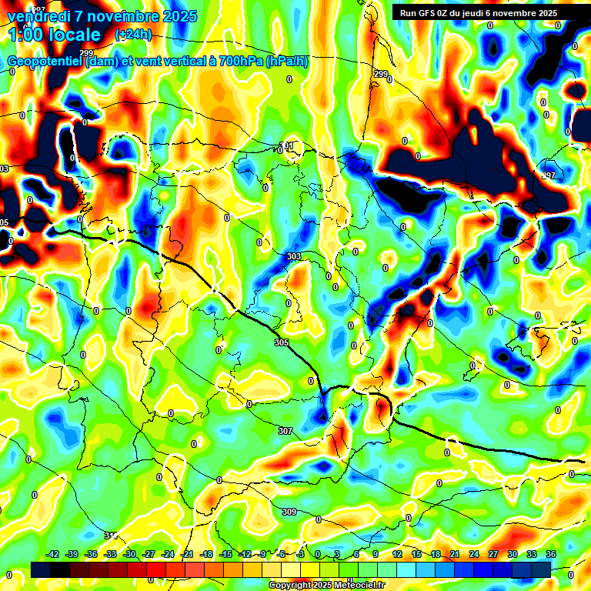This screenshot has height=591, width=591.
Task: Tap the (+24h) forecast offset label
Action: click(133, 35)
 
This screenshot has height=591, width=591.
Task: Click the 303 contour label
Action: click(293, 256)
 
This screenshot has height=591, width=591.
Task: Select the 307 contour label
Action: click(285, 431)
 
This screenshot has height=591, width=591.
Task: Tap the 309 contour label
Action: click(289, 512)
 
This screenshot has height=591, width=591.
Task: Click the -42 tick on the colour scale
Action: click(53, 553)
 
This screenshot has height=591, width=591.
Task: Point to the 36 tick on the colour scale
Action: click(551, 553)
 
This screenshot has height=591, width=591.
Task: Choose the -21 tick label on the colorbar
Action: click(187, 553)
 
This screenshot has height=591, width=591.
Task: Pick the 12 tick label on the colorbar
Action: click(397, 553)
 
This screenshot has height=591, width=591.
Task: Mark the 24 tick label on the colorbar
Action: click(474, 553)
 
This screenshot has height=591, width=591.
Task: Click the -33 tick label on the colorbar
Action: click(110, 553)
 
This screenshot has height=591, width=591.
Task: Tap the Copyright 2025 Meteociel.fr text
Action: click(327, 585)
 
